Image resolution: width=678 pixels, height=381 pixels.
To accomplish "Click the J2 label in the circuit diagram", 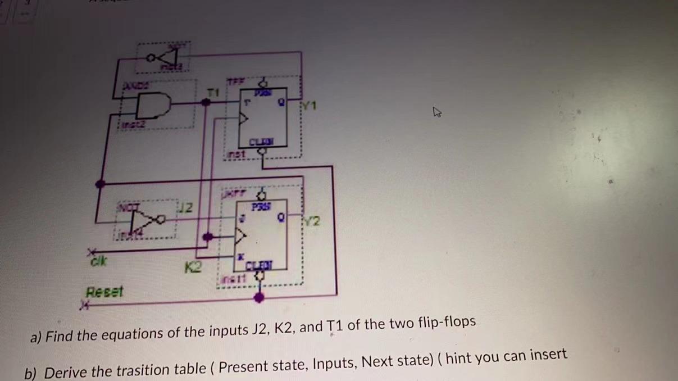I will point(187,208).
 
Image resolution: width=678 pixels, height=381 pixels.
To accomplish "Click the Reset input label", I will point(104,292).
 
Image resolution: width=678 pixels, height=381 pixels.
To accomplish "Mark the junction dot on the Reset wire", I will point(258,297).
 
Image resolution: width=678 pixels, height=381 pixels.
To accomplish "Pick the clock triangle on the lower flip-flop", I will point(242,235).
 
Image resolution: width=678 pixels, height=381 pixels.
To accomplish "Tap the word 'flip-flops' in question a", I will point(447,323).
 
